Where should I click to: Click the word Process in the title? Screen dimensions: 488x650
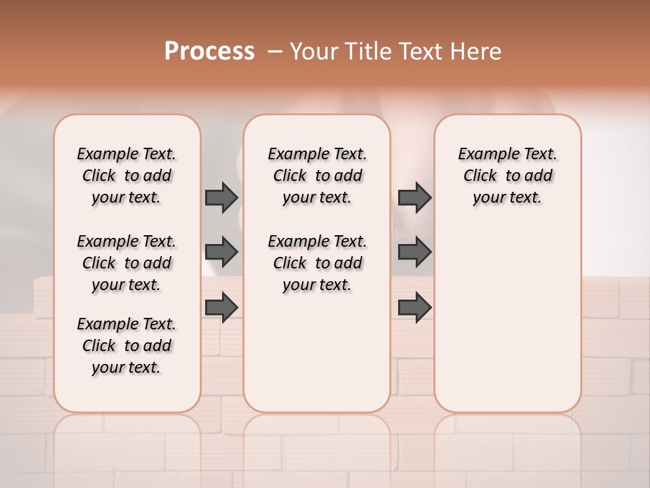coord(209,52)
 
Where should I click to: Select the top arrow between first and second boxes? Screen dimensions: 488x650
coord(221,197)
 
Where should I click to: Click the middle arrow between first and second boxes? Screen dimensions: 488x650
coord(221,252)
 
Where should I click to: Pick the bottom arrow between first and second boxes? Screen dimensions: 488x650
coord(221,308)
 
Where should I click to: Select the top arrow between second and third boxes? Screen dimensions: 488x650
coord(414,197)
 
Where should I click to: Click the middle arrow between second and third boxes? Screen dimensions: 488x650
coord(414,252)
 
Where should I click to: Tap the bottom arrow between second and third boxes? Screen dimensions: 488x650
coord(414,308)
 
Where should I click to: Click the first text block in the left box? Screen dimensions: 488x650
coord(127,176)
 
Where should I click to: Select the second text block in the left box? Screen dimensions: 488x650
coord(127,263)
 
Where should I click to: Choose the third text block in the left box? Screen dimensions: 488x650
coord(127,346)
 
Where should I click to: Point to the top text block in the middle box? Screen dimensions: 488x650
coord(317,176)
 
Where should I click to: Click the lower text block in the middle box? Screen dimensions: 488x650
coord(317,263)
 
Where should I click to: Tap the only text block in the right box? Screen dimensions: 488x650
coord(508,176)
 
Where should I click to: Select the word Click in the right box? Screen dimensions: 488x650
coord(480,176)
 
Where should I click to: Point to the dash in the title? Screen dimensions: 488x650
coord(275,52)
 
